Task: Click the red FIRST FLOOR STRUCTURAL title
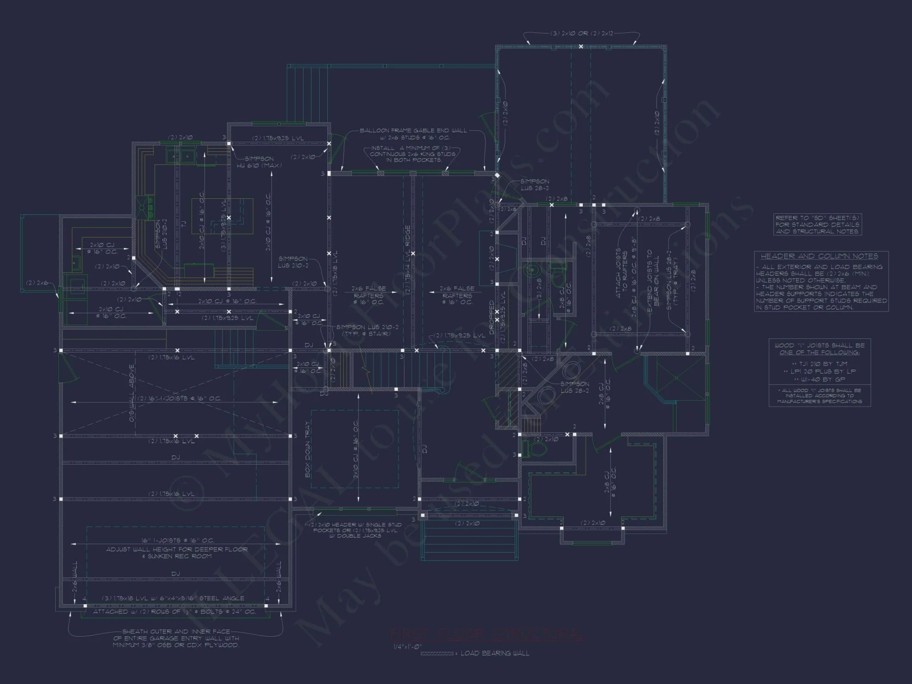487,635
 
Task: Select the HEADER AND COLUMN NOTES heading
819,256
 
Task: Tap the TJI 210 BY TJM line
819,364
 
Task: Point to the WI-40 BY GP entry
819,379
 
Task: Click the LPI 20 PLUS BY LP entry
819,372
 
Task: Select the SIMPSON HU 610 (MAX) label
259,162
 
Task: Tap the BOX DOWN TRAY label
308,449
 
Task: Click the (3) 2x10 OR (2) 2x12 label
581,34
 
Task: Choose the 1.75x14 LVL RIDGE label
408,260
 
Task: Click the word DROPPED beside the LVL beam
492,317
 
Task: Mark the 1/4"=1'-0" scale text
408,647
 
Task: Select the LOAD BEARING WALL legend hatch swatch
436,653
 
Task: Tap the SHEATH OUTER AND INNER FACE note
176,638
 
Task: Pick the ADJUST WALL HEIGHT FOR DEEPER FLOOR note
177,553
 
